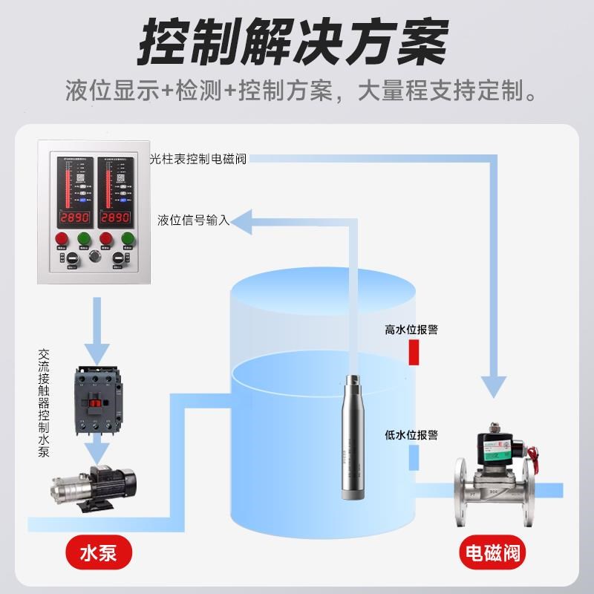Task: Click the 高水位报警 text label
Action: point(411,330)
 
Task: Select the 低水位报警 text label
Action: point(411,434)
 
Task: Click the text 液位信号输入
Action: point(193,220)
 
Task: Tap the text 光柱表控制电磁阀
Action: point(197,159)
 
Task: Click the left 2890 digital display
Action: point(74,218)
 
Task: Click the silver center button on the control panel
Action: point(94,256)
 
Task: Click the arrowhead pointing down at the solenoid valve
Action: point(494,386)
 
